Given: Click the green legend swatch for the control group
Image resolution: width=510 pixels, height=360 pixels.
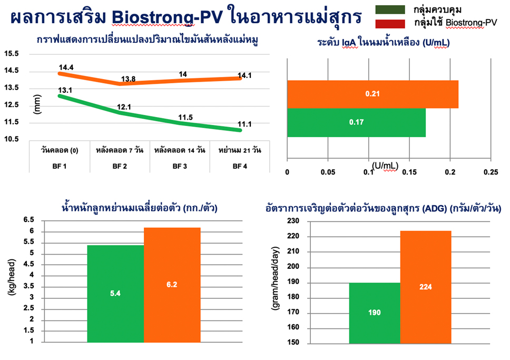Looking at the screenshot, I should coord(390,9).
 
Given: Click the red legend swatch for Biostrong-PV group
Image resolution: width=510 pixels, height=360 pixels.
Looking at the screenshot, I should coord(390,23).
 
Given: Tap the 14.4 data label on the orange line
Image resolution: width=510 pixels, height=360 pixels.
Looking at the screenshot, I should coord(66,67).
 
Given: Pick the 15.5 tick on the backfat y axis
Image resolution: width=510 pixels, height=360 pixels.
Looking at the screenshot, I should coord(11,54).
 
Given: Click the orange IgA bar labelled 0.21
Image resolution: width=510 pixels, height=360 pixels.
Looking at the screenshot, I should coord(372,94).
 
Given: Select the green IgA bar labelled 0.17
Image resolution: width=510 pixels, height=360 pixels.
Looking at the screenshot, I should coord(356,122).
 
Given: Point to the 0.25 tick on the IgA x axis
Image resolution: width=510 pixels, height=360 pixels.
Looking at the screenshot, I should coord(491,172).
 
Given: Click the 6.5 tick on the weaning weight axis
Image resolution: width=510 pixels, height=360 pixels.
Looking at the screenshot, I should coord(28,220).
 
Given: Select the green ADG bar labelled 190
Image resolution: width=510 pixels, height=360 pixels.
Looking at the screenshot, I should coord(374,313).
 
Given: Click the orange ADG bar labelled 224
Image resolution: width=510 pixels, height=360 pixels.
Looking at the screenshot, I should coord(425,287).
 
